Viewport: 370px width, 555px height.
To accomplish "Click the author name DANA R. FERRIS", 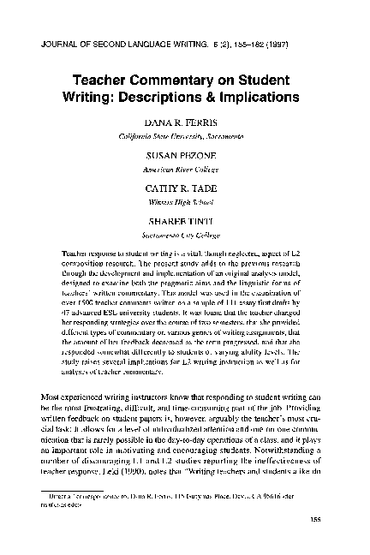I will [x=184, y=123].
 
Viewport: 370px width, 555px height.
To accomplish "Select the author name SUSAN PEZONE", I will [x=184, y=159].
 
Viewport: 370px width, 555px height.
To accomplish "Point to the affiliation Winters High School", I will [x=184, y=206].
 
